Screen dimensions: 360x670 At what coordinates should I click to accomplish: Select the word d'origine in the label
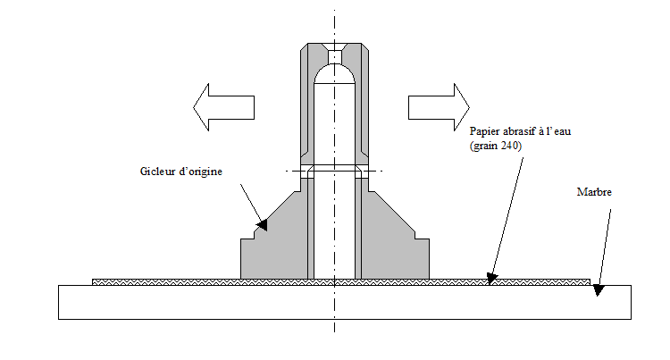pos(205,171)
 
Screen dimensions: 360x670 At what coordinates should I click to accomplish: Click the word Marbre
pos(595,191)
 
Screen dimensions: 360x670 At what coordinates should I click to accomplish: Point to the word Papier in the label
pos(487,130)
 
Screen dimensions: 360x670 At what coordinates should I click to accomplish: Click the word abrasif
pos(525,130)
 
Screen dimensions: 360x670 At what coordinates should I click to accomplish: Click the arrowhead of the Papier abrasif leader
pos(490,278)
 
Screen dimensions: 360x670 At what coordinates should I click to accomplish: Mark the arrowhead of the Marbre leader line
pos(599,289)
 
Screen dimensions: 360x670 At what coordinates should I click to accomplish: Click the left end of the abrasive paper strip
pos(96,282)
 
